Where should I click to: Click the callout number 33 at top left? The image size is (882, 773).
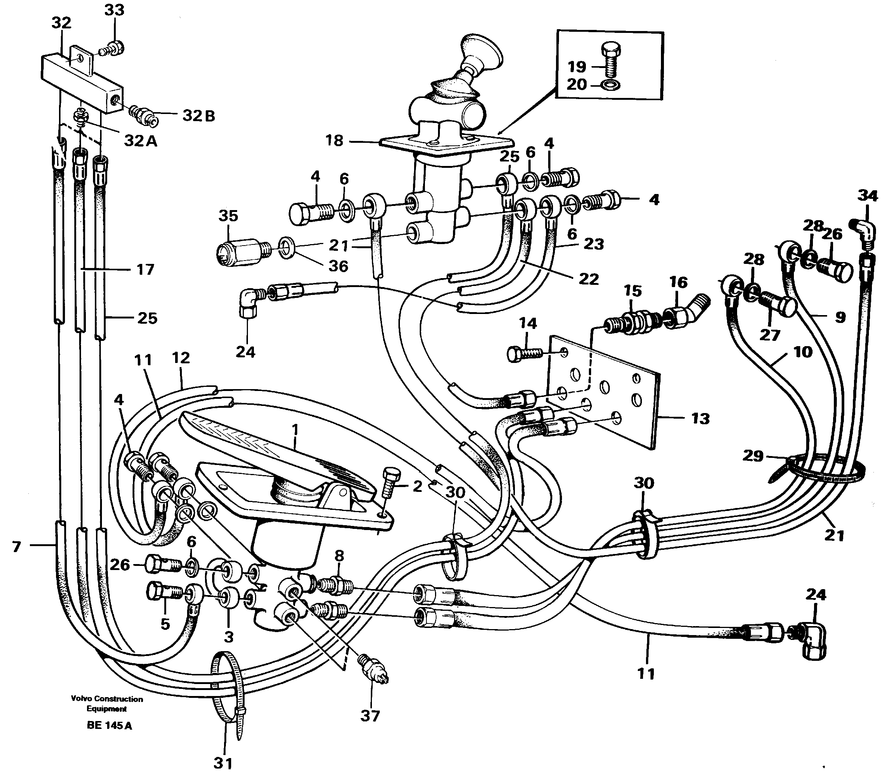114,10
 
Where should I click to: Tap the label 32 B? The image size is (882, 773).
198,116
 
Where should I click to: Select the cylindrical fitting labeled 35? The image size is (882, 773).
240,250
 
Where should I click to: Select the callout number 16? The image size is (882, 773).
678,283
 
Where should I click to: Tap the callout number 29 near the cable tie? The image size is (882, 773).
753,456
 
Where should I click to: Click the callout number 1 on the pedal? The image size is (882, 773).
295,430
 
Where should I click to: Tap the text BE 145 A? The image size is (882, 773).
109,725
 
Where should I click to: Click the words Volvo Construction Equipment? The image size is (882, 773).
107,703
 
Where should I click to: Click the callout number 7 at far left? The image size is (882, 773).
16,547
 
